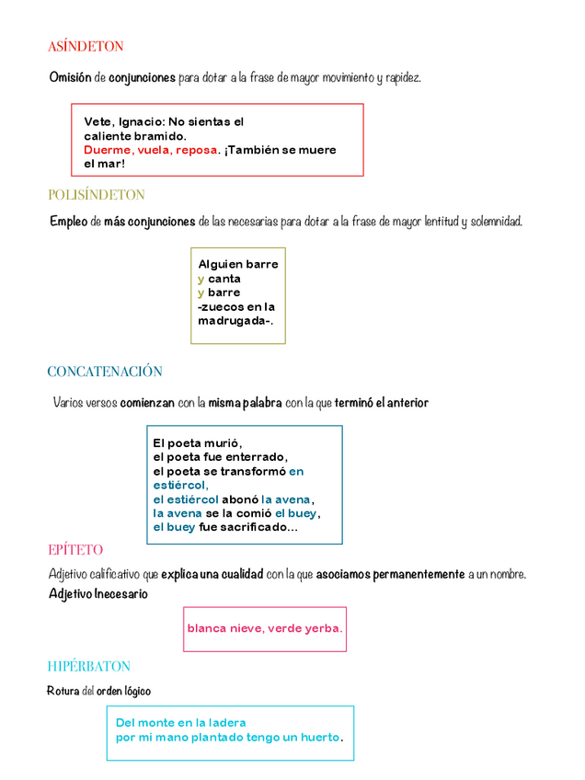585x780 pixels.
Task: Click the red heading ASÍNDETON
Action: click(86, 46)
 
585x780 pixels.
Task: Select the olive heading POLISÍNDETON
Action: click(97, 195)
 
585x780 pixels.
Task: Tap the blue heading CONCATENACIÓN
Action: click(105, 372)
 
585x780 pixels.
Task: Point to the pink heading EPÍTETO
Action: click(75, 550)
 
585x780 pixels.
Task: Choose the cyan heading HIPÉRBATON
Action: click(89, 666)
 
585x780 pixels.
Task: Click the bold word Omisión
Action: click(70, 78)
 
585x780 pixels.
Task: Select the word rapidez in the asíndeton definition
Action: click(403, 78)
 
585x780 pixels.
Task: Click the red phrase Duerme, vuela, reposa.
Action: click(152, 150)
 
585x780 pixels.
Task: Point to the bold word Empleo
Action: click(69, 222)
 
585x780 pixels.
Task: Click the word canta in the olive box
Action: click(224, 279)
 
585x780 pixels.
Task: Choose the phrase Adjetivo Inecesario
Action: click(98, 594)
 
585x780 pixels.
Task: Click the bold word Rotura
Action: click(63, 691)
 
